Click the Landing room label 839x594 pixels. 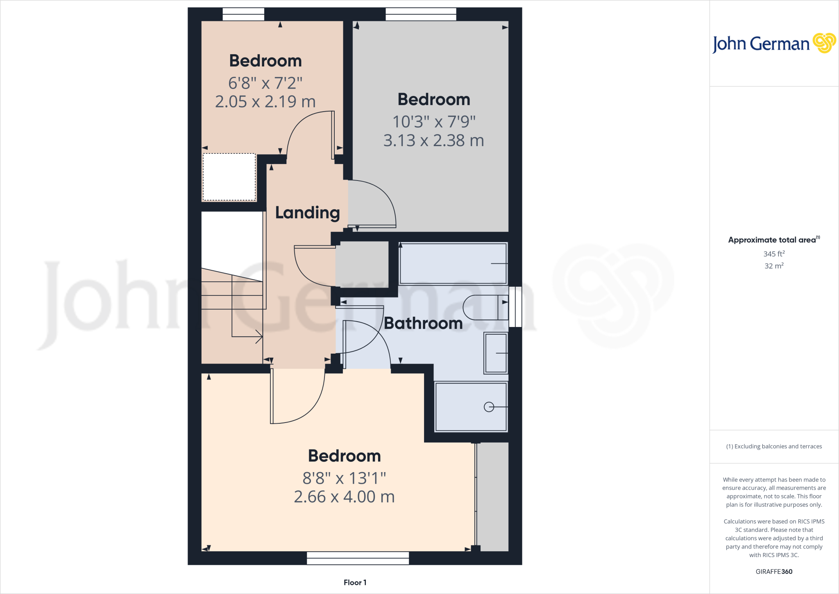307,213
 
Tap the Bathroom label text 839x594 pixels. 423,323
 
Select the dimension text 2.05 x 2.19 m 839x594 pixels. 265,102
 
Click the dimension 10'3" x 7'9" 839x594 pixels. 433,122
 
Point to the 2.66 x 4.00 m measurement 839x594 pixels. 344,497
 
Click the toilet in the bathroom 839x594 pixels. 483,307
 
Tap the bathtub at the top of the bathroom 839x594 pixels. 453,263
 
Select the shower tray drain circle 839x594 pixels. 489,407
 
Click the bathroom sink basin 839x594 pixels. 496,353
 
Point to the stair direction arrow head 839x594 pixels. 259,337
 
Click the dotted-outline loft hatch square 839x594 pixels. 229,177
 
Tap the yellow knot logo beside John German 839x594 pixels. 824,43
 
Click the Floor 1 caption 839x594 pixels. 355,583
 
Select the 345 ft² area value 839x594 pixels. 774,254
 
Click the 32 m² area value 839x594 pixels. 774,266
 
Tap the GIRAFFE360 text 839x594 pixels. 774,571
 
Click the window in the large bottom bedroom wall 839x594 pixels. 358,558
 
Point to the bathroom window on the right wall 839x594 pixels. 515,307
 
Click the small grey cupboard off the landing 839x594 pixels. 362,264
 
